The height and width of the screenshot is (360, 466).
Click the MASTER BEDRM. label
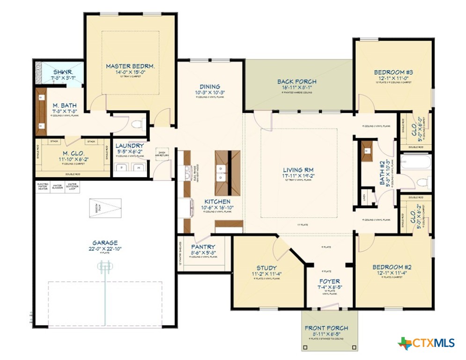click(x=130, y=67)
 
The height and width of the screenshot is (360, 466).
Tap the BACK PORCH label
click(x=296, y=82)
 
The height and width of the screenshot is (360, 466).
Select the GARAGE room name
click(x=105, y=243)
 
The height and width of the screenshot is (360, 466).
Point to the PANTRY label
click(x=203, y=247)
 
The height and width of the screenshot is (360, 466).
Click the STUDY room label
click(x=266, y=268)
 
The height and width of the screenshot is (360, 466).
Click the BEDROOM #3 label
click(x=393, y=72)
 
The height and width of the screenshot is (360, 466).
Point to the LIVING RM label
click(x=298, y=170)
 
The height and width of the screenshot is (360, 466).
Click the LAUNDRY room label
click(x=129, y=146)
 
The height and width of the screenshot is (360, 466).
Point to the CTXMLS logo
click(x=426, y=343)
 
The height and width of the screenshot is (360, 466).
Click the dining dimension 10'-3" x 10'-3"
click(x=210, y=93)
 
